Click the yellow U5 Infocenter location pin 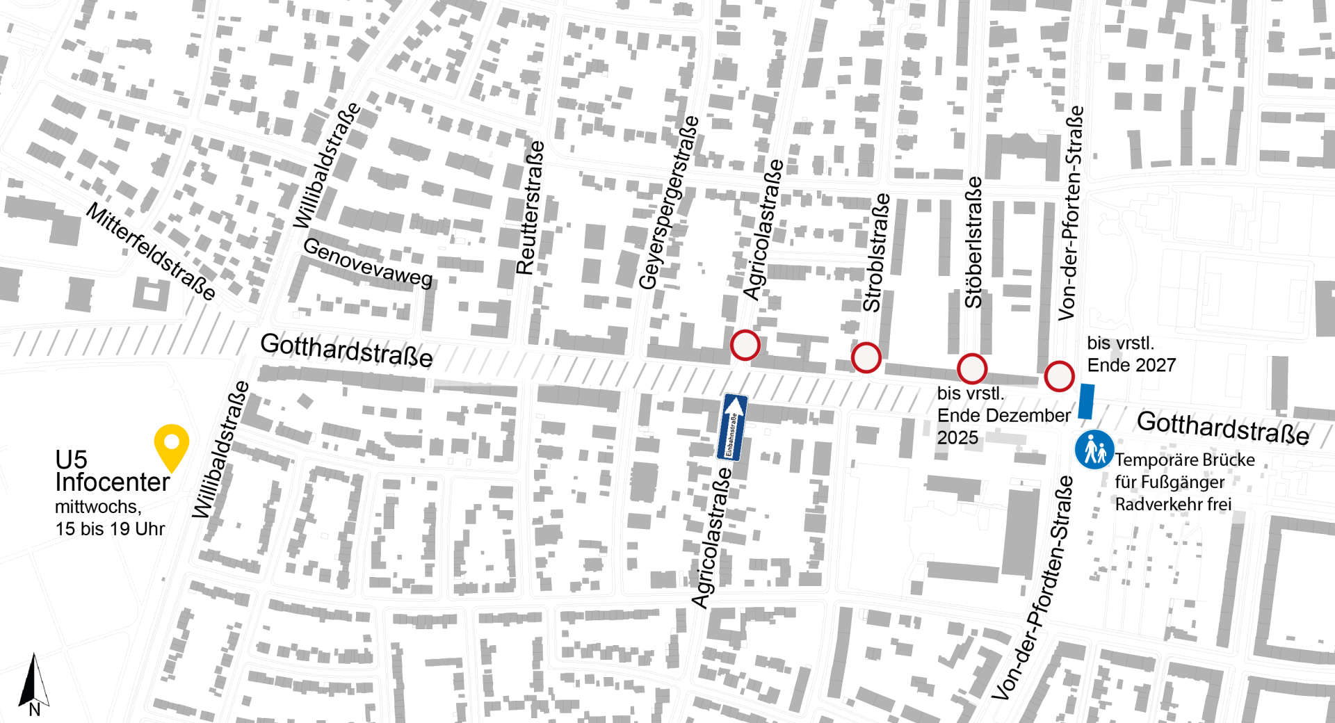[172, 446]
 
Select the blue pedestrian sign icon [1094, 450]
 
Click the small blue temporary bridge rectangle [1086, 401]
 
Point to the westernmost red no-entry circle [745, 345]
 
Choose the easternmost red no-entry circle [1059, 376]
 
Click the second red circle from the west [866, 358]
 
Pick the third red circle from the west [972, 368]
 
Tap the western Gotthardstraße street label [346, 350]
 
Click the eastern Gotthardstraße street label [1223, 428]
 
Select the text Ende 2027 [1131, 365]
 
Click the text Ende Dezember [1003, 416]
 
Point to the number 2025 [957, 438]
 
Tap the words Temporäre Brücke [1185, 460]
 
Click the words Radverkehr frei [1173, 504]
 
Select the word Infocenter [113, 482]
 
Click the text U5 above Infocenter [71, 460]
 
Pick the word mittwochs [95, 507]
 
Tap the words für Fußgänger [1170, 482]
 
